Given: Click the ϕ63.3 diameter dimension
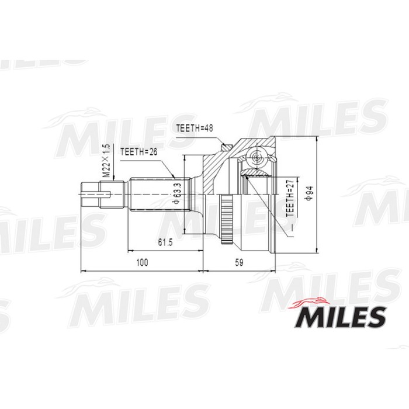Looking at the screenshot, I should pyautogui.click(x=176, y=193).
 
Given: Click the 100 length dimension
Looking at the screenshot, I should pyautogui.click(x=141, y=263).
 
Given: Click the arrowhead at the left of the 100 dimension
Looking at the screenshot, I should pyautogui.click(x=82, y=271).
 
